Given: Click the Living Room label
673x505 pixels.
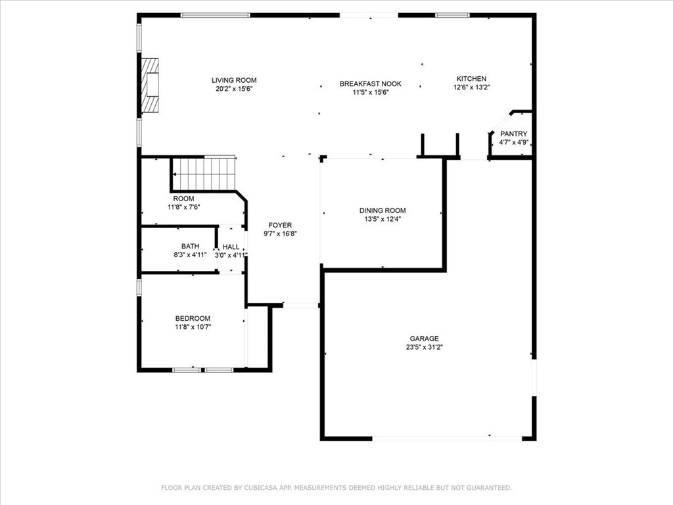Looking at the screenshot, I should coord(233,80).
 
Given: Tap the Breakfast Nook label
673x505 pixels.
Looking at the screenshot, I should coord(370,84).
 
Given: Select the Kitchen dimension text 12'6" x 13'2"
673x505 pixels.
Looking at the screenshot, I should coord(471,87).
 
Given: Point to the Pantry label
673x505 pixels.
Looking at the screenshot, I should coord(513,133).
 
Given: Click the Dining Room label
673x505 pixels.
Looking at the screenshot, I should coord(382,210).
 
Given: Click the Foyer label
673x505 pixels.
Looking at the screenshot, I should coord(280,225).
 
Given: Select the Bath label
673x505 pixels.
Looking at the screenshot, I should coord(190,246).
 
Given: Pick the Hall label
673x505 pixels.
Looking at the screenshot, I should coord(231,247).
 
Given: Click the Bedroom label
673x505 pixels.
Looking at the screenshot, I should coord(193,318).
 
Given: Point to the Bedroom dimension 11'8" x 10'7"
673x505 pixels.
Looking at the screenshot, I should coord(193,326).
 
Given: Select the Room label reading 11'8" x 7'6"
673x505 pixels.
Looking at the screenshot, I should coord(183,202).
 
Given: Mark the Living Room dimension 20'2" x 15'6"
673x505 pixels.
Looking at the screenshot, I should coord(233,89).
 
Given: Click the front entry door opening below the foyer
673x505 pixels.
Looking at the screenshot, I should coord(300,305).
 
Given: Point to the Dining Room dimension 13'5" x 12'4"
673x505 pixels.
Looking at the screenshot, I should coord(382,219).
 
